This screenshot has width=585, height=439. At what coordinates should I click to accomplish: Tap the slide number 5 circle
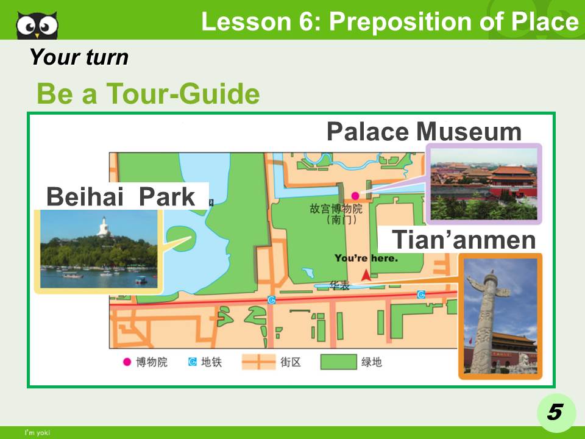(x=554, y=413)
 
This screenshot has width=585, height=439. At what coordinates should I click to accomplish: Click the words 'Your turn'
(x=79, y=57)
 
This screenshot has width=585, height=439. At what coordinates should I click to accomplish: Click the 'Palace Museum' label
(x=424, y=132)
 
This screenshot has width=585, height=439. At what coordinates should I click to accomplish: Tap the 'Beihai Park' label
(x=121, y=197)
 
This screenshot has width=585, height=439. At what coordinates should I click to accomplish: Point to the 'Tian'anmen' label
(x=463, y=240)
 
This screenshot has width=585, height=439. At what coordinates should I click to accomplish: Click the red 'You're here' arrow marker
(x=366, y=276)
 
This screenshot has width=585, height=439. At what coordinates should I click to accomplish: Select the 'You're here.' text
(x=366, y=259)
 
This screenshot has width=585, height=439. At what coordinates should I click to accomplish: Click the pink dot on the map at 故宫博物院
(x=355, y=196)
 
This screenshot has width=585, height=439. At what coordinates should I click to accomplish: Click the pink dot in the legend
(x=127, y=362)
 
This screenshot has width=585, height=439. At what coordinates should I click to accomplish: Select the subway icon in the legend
(x=193, y=362)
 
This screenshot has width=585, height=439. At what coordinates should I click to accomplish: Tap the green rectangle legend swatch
(x=338, y=362)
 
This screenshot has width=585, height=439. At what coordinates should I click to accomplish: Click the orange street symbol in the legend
(x=258, y=362)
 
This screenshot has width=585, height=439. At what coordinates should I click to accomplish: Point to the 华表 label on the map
(x=339, y=285)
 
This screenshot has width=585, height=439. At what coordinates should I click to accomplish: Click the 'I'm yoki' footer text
(x=36, y=433)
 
